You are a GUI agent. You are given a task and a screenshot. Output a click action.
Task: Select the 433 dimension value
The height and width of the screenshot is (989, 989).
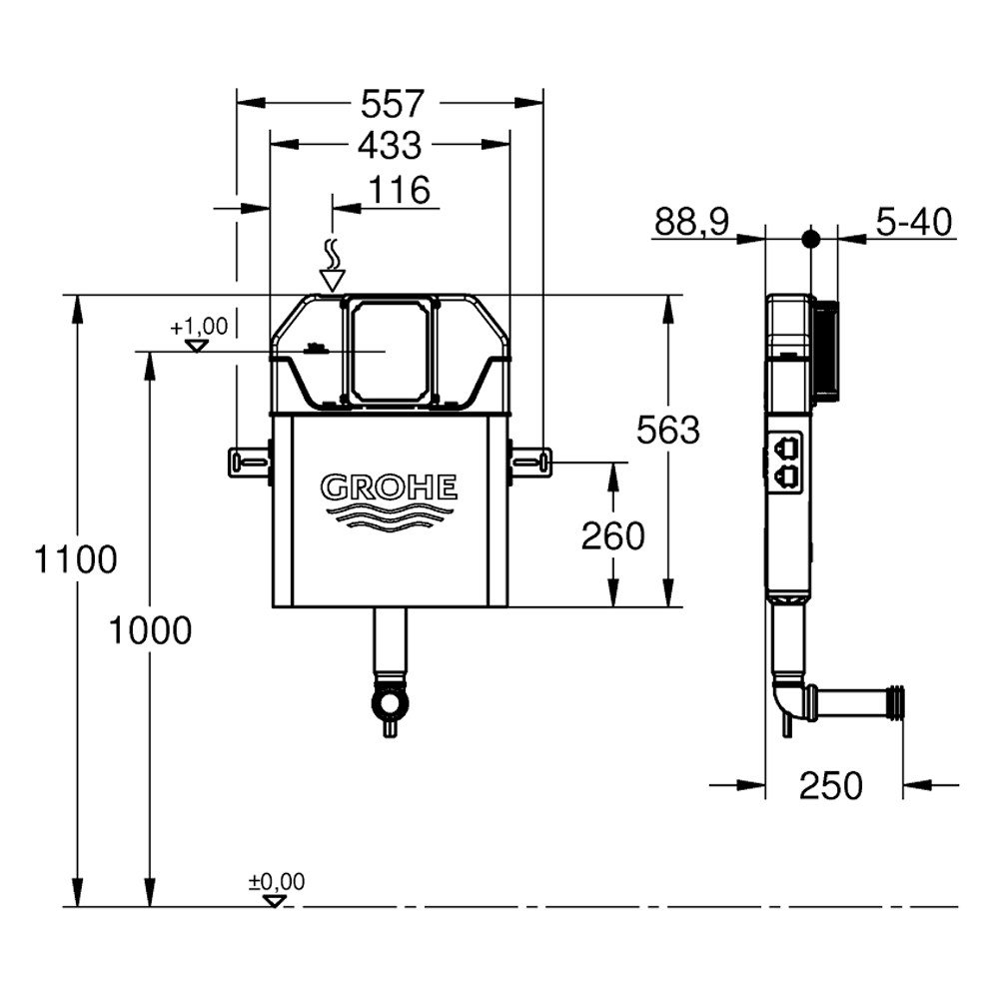point(390,145)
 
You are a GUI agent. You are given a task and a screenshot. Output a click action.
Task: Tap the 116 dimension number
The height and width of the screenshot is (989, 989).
point(398,189)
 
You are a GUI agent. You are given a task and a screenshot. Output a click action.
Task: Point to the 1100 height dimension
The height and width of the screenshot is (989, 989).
point(75,559)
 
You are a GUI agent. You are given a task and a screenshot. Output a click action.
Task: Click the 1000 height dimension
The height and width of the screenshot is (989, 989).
point(150,630)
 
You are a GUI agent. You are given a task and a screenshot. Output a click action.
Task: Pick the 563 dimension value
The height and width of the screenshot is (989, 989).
point(668,431)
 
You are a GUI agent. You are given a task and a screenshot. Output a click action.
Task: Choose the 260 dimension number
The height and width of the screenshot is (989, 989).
point(613,536)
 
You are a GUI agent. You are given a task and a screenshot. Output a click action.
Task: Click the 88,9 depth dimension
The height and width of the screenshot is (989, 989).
point(691,222)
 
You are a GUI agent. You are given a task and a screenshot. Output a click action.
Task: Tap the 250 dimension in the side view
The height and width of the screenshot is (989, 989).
point(830,785)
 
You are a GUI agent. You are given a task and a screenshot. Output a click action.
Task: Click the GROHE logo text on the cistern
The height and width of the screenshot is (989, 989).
point(389,489)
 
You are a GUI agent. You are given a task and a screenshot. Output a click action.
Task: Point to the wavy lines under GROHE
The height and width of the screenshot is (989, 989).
point(389,515)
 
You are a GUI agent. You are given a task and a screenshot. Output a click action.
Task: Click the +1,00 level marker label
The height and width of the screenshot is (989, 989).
point(199,327)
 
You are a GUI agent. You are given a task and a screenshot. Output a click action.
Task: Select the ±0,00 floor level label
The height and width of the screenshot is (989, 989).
point(277,882)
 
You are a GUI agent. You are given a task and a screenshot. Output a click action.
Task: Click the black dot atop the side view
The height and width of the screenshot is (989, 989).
point(811,239)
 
